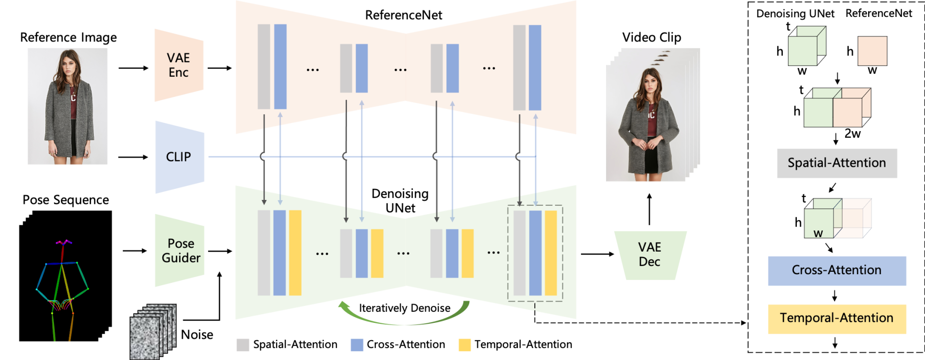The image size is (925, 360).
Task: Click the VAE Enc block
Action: pyautogui.click(x=179, y=65)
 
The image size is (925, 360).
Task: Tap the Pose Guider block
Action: pyautogui.click(x=180, y=251)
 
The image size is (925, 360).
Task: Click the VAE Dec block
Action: pyautogui.click(x=649, y=255)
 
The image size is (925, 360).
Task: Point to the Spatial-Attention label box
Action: pyautogui.click(x=836, y=163)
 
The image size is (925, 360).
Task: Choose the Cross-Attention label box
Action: pyautogui.click(x=836, y=270)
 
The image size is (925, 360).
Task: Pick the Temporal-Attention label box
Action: pyautogui.click(x=836, y=319)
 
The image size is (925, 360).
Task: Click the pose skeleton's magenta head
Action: pyautogui.click(x=63, y=242)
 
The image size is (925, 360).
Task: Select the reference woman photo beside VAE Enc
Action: pyautogui.click(x=67, y=106)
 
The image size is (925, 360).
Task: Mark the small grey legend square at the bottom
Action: pyautogui.click(x=243, y=345)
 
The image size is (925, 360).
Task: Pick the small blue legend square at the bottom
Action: pyautogui.click(x=357, y=345)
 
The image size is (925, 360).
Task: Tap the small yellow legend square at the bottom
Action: pyautogui.click(x=464, y=345)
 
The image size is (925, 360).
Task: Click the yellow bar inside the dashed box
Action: pyautogui.click(x=551, y=253)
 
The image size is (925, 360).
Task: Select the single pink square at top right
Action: pyautogui.click(x=872, y=51)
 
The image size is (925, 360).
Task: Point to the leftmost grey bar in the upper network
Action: pyautogui.click(x=264, y=67)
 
